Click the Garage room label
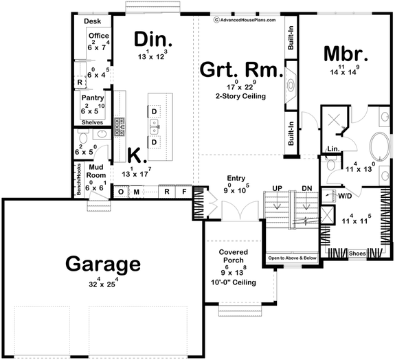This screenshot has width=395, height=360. coord(103,264)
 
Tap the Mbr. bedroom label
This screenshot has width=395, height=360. coord(347,54)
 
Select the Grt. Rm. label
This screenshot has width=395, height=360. coord(240,69)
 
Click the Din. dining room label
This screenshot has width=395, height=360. coord(153,38)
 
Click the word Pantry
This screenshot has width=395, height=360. coord(92,98)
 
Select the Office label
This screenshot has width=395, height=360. coord(98,36)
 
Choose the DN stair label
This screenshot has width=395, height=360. coord(306,188)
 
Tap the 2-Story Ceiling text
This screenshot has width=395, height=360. coord(241,97)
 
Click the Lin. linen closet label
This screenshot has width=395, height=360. coord(332,148)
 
